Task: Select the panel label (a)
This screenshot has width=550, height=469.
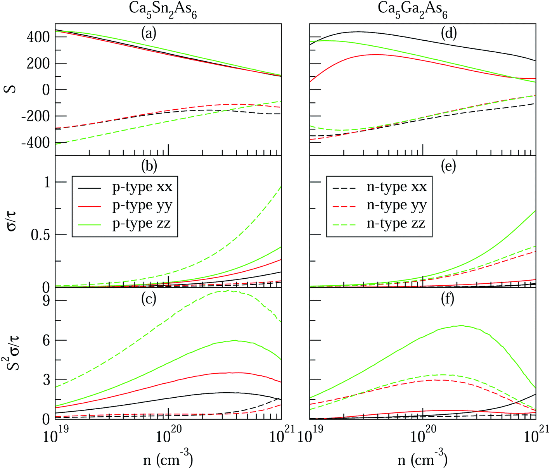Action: coord(148,34)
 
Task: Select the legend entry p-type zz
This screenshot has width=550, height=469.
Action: coord(142,224)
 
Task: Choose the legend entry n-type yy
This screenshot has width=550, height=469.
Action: coord(396,205)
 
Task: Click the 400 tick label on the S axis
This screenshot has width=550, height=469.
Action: coord(38,37)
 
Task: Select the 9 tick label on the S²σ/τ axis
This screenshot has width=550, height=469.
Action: coord(47,301)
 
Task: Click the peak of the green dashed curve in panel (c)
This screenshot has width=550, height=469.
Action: coord(227,290)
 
